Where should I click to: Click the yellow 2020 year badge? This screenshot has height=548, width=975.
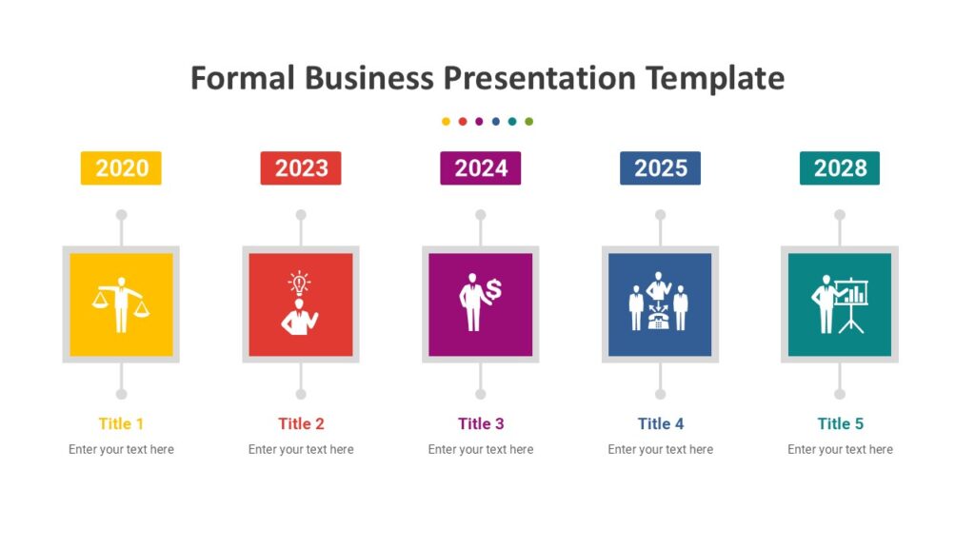point(121,168)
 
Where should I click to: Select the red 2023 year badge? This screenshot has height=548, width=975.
point(301,168)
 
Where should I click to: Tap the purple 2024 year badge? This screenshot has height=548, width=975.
point(481,168)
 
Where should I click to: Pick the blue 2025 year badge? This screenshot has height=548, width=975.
point(660,168)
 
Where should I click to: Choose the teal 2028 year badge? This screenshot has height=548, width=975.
point(840,168)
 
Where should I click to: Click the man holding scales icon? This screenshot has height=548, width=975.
point(121,304)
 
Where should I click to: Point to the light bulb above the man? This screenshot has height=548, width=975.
point(300,283)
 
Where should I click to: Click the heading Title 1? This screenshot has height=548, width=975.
point(121,423)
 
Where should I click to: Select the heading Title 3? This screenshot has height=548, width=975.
point(481,423)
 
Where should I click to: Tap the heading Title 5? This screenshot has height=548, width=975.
point(840,423)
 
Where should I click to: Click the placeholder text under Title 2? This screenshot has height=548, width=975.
point(301,449)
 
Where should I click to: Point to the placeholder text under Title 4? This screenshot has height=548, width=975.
point(660,449)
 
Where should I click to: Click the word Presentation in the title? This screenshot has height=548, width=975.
point(540,78)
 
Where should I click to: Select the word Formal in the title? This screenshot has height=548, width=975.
point(244,78)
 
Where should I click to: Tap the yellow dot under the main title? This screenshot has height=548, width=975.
point(446,122)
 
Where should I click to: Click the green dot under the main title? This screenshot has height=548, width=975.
point(529,122)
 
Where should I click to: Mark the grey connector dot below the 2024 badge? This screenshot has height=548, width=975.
point(481,215)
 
